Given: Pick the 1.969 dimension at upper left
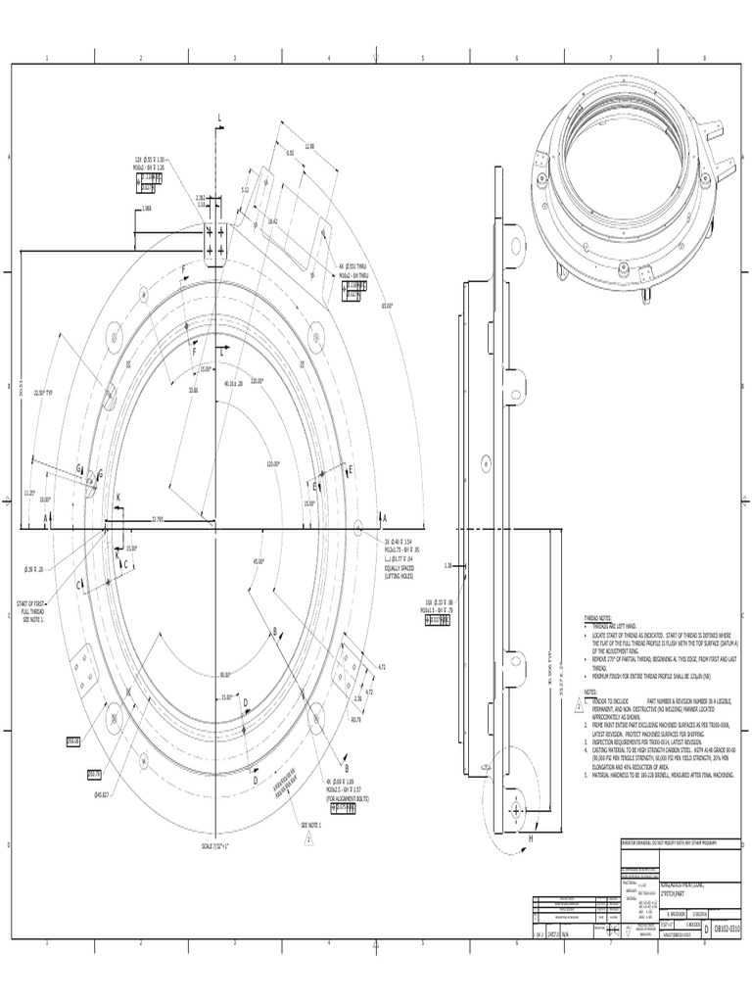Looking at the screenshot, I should pos(146,208).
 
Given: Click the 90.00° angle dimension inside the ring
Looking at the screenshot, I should pos(225,675).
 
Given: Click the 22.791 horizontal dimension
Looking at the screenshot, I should pos(157,519).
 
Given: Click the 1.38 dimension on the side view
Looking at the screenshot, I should pos(447,565).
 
